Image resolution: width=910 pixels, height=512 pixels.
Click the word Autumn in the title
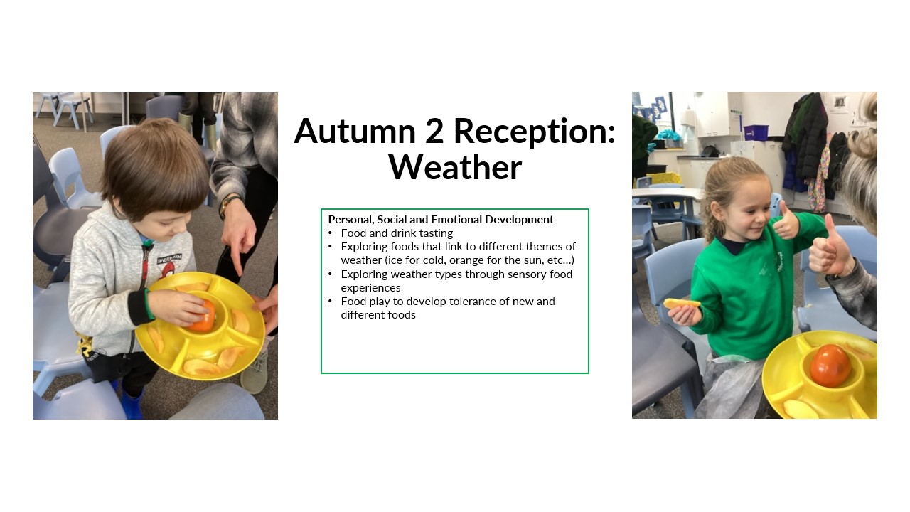[355, 132]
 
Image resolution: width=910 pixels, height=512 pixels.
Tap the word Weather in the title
[455, 167]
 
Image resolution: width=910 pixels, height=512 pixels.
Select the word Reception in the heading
[535, 132]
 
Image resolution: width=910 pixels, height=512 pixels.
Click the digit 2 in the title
[434, 131]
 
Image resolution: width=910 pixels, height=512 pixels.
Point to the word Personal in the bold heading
[351, 220]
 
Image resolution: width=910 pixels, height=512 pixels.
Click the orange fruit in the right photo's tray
[831, 366]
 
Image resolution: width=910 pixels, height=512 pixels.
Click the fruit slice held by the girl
[681, 304]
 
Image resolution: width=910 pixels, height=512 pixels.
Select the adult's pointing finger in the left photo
[237, 263]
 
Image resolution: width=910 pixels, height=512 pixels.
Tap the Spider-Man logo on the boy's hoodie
[169, 265]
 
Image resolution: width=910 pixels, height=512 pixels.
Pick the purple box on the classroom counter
[756, 132]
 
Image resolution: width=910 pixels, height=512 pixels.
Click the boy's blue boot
[132, 402]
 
